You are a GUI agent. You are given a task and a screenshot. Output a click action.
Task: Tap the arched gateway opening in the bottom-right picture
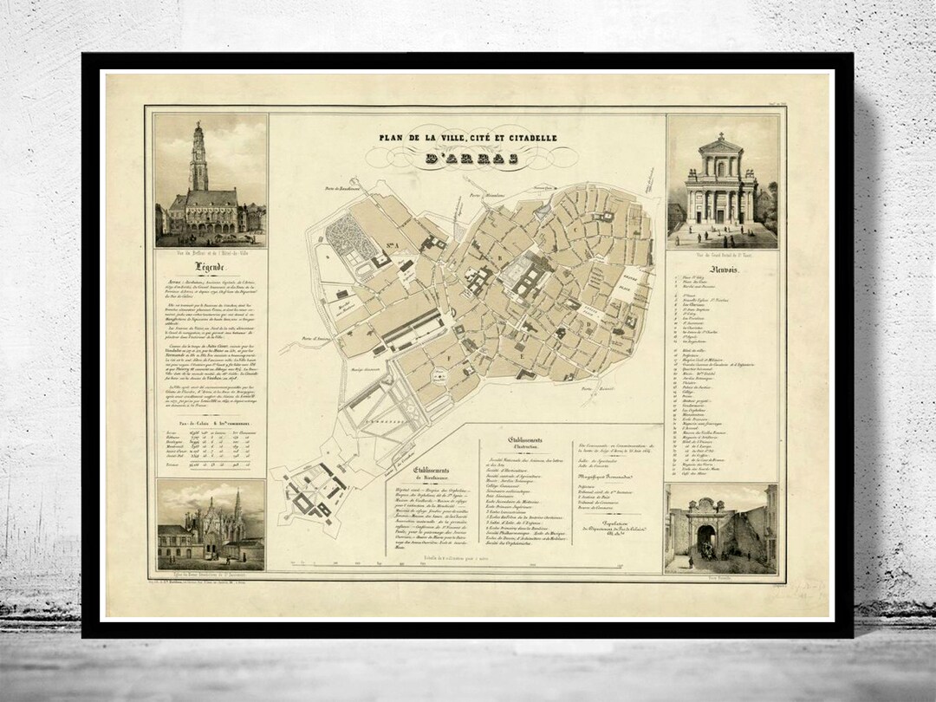tap(706, 542)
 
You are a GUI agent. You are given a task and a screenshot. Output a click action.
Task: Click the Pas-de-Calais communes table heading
tap(208, 424)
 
